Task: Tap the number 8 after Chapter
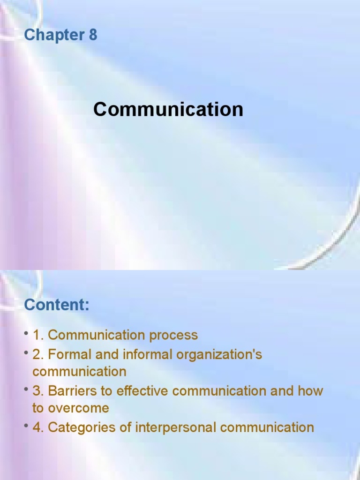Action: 92,35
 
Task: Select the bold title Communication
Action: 168,110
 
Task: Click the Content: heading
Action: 56,305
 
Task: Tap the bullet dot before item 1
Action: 27,334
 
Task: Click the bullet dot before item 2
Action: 27,353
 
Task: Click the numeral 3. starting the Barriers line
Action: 38,391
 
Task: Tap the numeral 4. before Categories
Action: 38,427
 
